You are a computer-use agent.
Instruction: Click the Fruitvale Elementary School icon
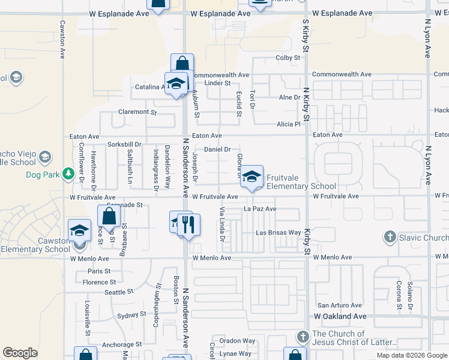click(x=252, y=176)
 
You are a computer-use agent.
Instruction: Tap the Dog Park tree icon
click(x=69, y=175)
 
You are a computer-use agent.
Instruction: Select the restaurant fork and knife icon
click(x=188, y=225)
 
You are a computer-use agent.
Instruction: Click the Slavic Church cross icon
click(x=390, y=238)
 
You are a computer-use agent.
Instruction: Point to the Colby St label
click(x=288, y=58)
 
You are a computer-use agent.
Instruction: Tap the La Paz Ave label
click(x=260, y=209)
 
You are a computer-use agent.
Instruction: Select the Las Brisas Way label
click(x=278, y=233)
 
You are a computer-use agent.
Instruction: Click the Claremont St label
click(x=137, y=112)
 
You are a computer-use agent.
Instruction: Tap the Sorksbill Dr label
click(x=124, y=145)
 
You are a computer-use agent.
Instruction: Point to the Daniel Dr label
click(x=218, y=149)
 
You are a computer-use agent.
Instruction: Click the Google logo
click(x=20, y=353)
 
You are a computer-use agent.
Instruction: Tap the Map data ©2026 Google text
click(x=411, y=355)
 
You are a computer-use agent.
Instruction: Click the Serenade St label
click(x=124, y=205)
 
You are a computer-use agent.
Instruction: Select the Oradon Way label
click(x=237, y=340)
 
